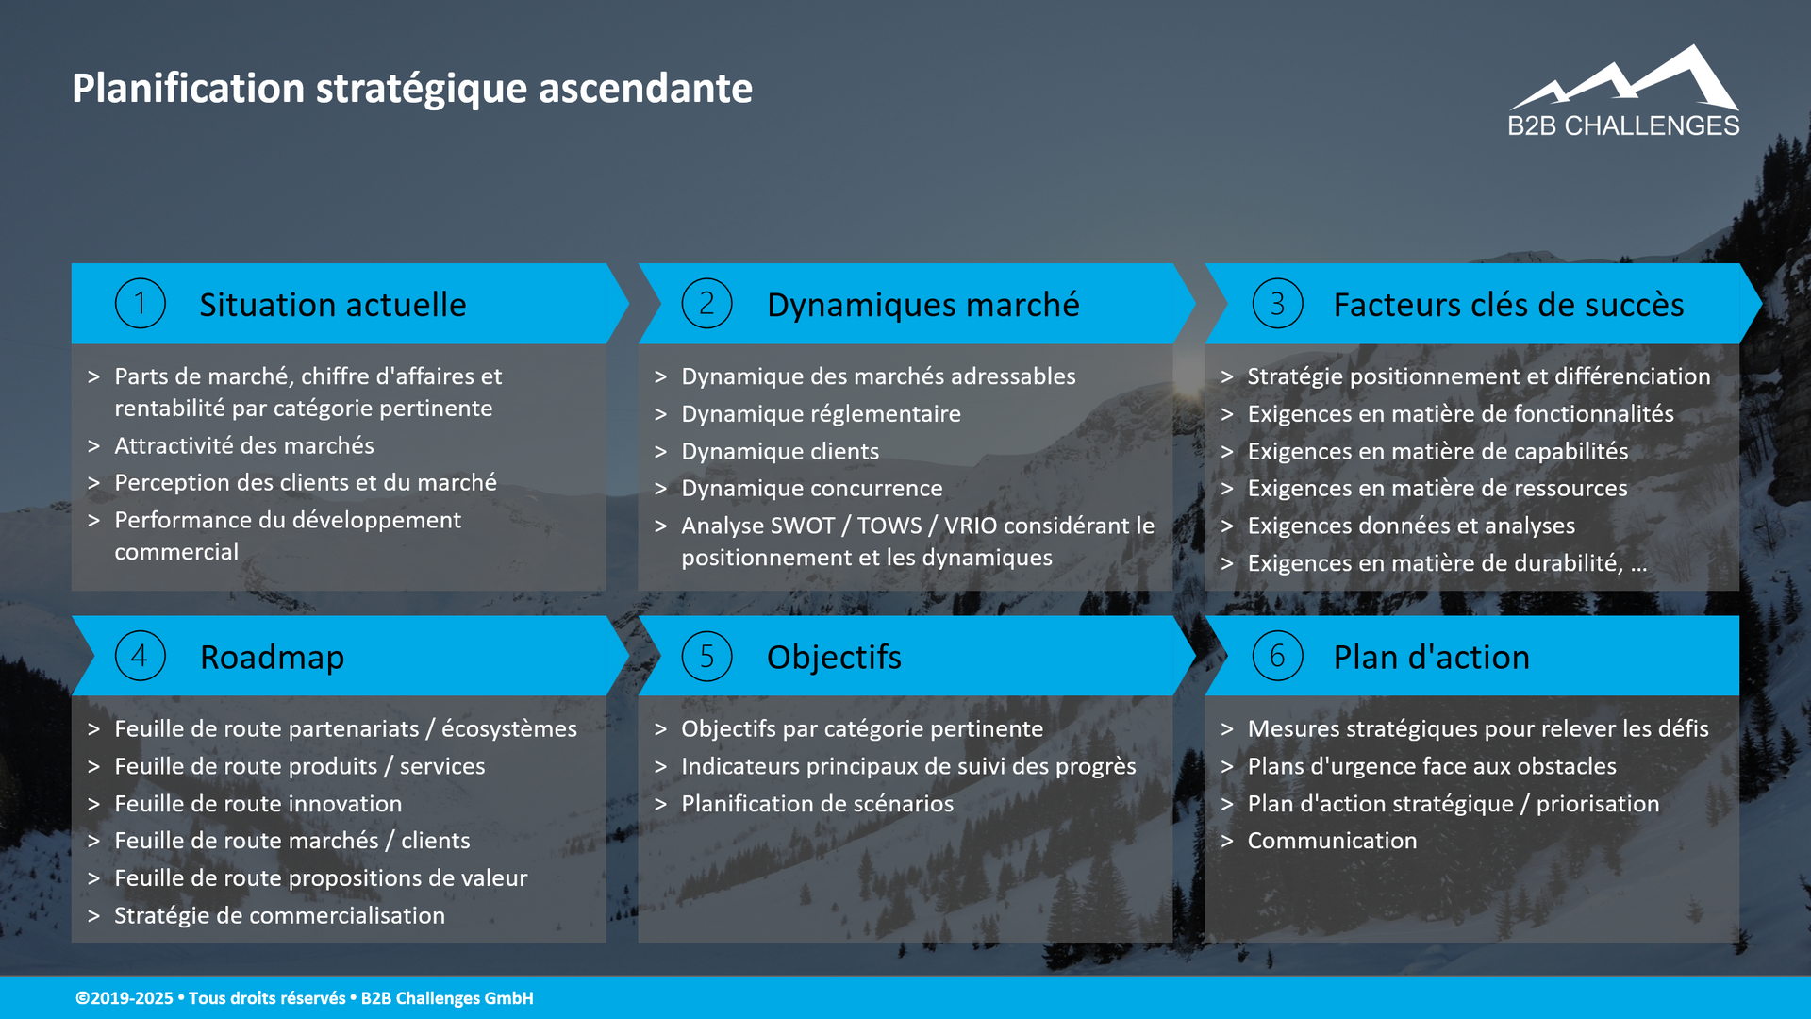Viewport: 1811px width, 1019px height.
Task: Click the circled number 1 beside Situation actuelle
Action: tap(140, 304)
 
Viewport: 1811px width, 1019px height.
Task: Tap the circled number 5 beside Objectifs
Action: tap(706, 657)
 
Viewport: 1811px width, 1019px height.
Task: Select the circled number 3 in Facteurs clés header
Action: tap(1277, 304)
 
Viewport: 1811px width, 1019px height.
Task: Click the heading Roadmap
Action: tap(272, 657)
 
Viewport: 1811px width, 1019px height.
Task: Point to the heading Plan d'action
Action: tap(1431, 657)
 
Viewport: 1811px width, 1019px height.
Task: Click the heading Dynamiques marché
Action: tap(922, 305)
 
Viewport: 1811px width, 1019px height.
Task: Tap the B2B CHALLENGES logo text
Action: tap(1623, 125)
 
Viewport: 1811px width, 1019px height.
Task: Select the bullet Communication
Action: tap(1332, 841)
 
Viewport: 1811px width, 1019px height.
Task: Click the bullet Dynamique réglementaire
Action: tap(821, 414)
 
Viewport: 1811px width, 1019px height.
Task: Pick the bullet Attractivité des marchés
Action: tap(244, 445)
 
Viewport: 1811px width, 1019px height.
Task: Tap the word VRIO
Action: tap(970, 526)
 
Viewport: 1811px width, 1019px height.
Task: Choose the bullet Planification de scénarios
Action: tap(817, 804)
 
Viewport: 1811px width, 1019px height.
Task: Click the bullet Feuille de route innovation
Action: tap(258, 804)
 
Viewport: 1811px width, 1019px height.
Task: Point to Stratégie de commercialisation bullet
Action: tap(279, 915)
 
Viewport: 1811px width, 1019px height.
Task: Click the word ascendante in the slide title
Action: tap(645, 89)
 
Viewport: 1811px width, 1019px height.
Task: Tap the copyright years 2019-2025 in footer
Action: tap(131, 998)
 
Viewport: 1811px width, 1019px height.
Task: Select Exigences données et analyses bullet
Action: tap(1411, 526)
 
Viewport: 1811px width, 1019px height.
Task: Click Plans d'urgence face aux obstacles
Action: tap(1431, 766)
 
